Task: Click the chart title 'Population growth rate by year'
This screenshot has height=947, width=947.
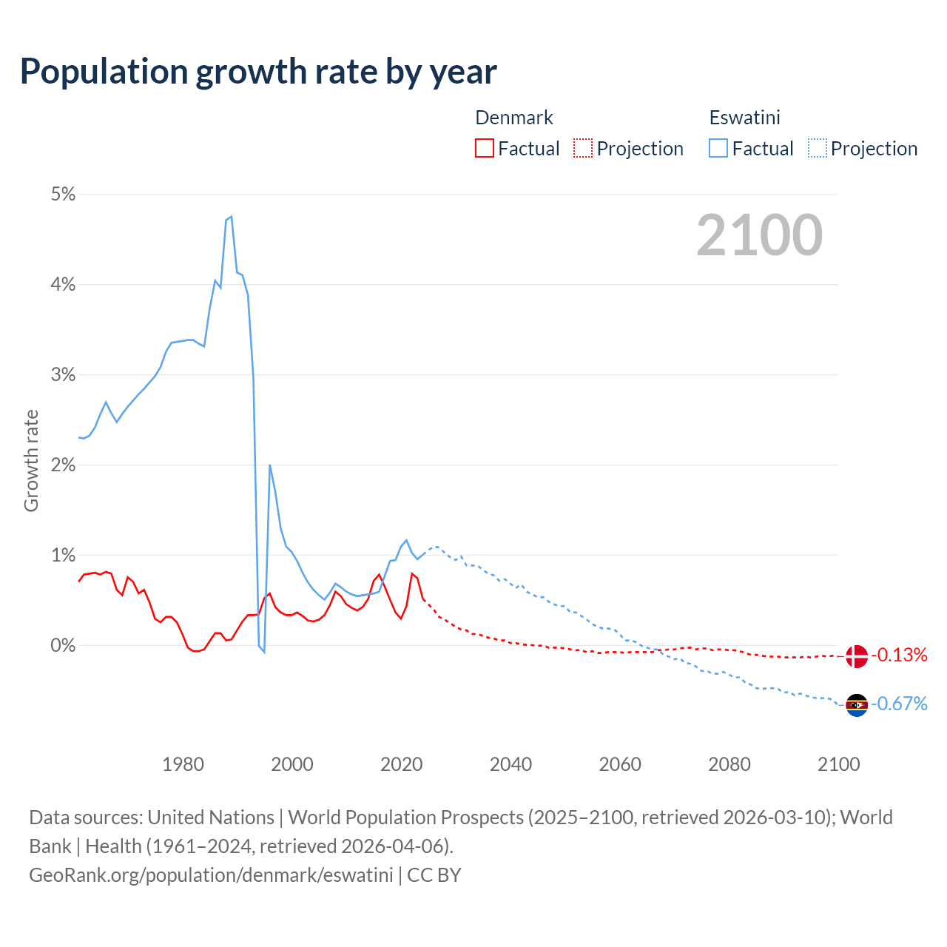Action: (x=258, y=72)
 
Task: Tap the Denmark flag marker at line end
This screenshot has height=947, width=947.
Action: (x=856, y=656)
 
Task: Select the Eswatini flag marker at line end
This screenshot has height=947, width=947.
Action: (x=856, y=704)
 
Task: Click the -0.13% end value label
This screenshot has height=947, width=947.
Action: (x=899, y=655)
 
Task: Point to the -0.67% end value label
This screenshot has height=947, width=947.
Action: (x=899, y=704)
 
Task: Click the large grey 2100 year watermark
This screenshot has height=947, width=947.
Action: (x=759, y=235)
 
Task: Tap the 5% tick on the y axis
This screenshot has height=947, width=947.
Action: (x=63, y=194)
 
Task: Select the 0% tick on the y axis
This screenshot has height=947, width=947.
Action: (x=63, y=645)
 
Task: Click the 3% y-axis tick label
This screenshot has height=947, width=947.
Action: (x=63, y=374)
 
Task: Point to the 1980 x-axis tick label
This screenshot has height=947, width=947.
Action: (x=183, y=764)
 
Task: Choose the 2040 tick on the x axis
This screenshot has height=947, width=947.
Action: (x=510, y=764)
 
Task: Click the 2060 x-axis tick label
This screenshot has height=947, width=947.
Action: (x=620, y=764)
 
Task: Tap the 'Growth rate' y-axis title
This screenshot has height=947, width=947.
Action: (x=31, y=460)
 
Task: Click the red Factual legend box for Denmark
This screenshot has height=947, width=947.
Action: (x=485, y=148)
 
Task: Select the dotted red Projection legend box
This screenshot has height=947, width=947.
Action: (x=583, y=148)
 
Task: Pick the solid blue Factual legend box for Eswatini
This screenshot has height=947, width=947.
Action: (x=718, y=148)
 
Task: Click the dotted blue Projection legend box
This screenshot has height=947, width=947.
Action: (x=817, y=148)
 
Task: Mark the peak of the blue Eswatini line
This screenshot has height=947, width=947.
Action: (x=232, y=216)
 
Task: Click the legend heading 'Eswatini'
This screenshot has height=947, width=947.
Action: (x=744, y=118)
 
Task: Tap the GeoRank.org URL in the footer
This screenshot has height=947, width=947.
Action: (x=211, y=874)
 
